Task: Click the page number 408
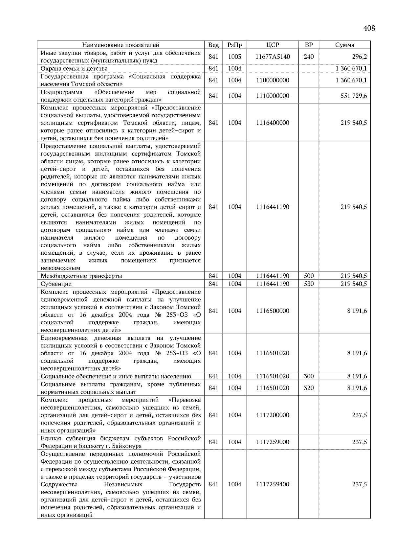(369, 28)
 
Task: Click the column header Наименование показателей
(120, 45)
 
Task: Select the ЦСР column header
(273, 45)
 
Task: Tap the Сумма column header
(344, 45)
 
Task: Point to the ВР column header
(309, 45)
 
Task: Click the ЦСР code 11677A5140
(273, 57)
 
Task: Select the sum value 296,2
(360, 57)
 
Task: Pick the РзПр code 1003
(234, 57)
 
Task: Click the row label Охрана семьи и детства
(74, 69)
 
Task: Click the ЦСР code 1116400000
(273, 123)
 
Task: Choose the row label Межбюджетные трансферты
(81, 276)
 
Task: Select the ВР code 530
(309, 284)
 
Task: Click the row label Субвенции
(56, 284)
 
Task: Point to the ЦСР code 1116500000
(273, 311)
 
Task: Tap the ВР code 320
(309, 388)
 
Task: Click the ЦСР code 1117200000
(273, 415)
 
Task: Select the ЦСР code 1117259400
(273, 484)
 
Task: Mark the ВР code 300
(309, 377)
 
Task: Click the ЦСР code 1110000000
(273, 96)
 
